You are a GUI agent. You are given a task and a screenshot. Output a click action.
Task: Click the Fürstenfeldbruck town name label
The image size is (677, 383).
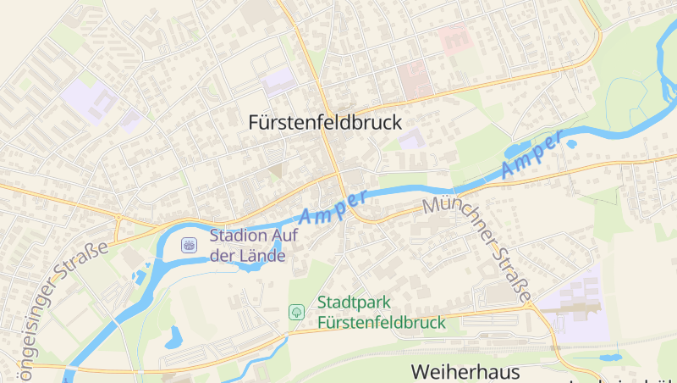(325, 122)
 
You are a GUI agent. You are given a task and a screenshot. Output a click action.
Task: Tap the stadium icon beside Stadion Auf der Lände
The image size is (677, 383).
(189, 246)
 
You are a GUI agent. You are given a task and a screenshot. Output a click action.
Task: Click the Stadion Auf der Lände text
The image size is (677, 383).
(247, 246)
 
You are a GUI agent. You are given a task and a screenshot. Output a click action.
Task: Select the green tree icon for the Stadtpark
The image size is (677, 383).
(296, 312)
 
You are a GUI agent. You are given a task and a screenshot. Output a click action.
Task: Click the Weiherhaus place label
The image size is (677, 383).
(465, 372)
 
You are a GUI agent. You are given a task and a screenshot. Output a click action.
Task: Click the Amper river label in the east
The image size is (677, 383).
(531, 155)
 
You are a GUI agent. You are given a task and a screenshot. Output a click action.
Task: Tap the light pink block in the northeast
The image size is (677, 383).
(454, 38)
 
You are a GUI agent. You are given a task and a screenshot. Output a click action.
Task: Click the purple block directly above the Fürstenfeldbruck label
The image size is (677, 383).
(277, 83)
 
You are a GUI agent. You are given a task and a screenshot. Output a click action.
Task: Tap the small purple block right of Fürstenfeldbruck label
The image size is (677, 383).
(411, 139)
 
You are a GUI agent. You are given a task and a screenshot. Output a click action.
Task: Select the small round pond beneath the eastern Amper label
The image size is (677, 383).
(572, 144)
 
